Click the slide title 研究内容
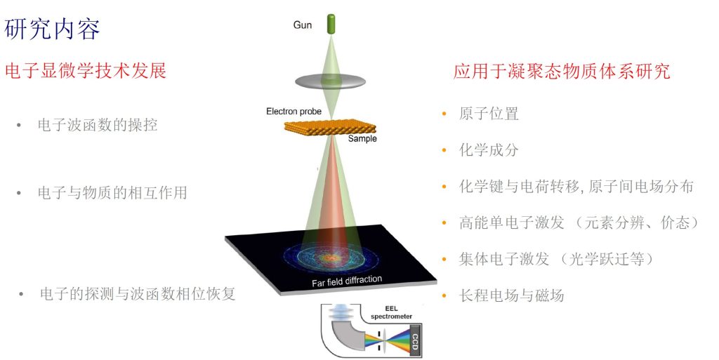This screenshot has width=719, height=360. point(53,29)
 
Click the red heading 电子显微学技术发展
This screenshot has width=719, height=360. point(85,71)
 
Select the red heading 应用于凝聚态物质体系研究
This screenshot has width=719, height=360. point(561,71)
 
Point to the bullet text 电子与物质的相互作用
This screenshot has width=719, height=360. point(112,192)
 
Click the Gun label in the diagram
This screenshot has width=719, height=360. point(303,25)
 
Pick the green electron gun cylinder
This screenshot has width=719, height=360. point(328,24)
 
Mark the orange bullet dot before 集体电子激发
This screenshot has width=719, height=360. point(443,259)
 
